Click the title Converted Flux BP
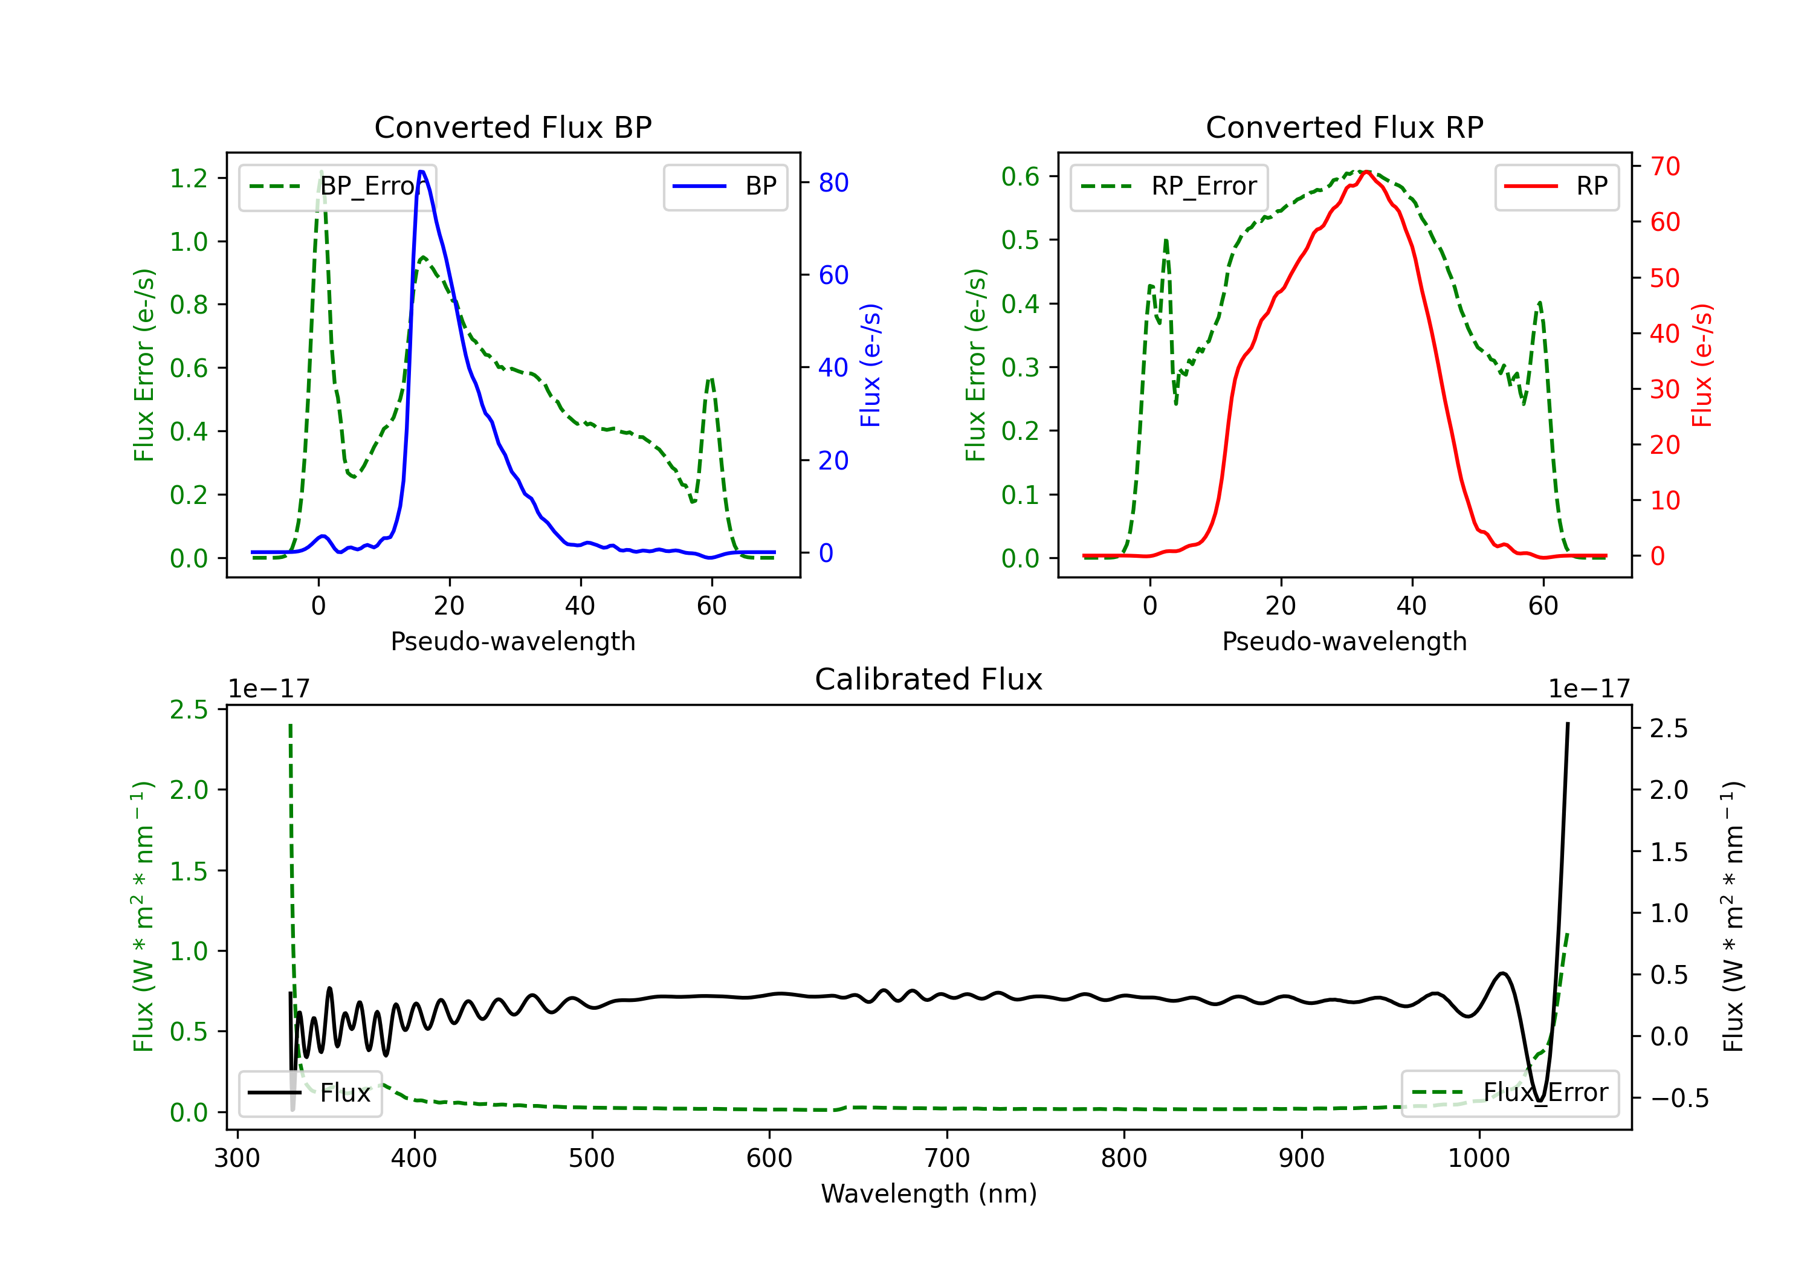coord(512,127)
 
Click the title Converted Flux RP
coord(1344,127)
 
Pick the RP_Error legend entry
coord(1169,186)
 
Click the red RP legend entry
coord(1556,186)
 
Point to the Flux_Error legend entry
coord(1510,1093)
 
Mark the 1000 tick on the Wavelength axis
coord(1478,1158)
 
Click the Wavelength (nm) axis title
coord(929,1193)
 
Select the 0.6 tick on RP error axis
coord(1020,176)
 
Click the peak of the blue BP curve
coord(422,172)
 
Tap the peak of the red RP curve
coord(1366,172)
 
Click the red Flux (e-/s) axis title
coord(1702,365)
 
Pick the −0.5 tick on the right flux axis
coord(1679,1099)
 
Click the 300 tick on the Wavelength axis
coord(237,1158)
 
